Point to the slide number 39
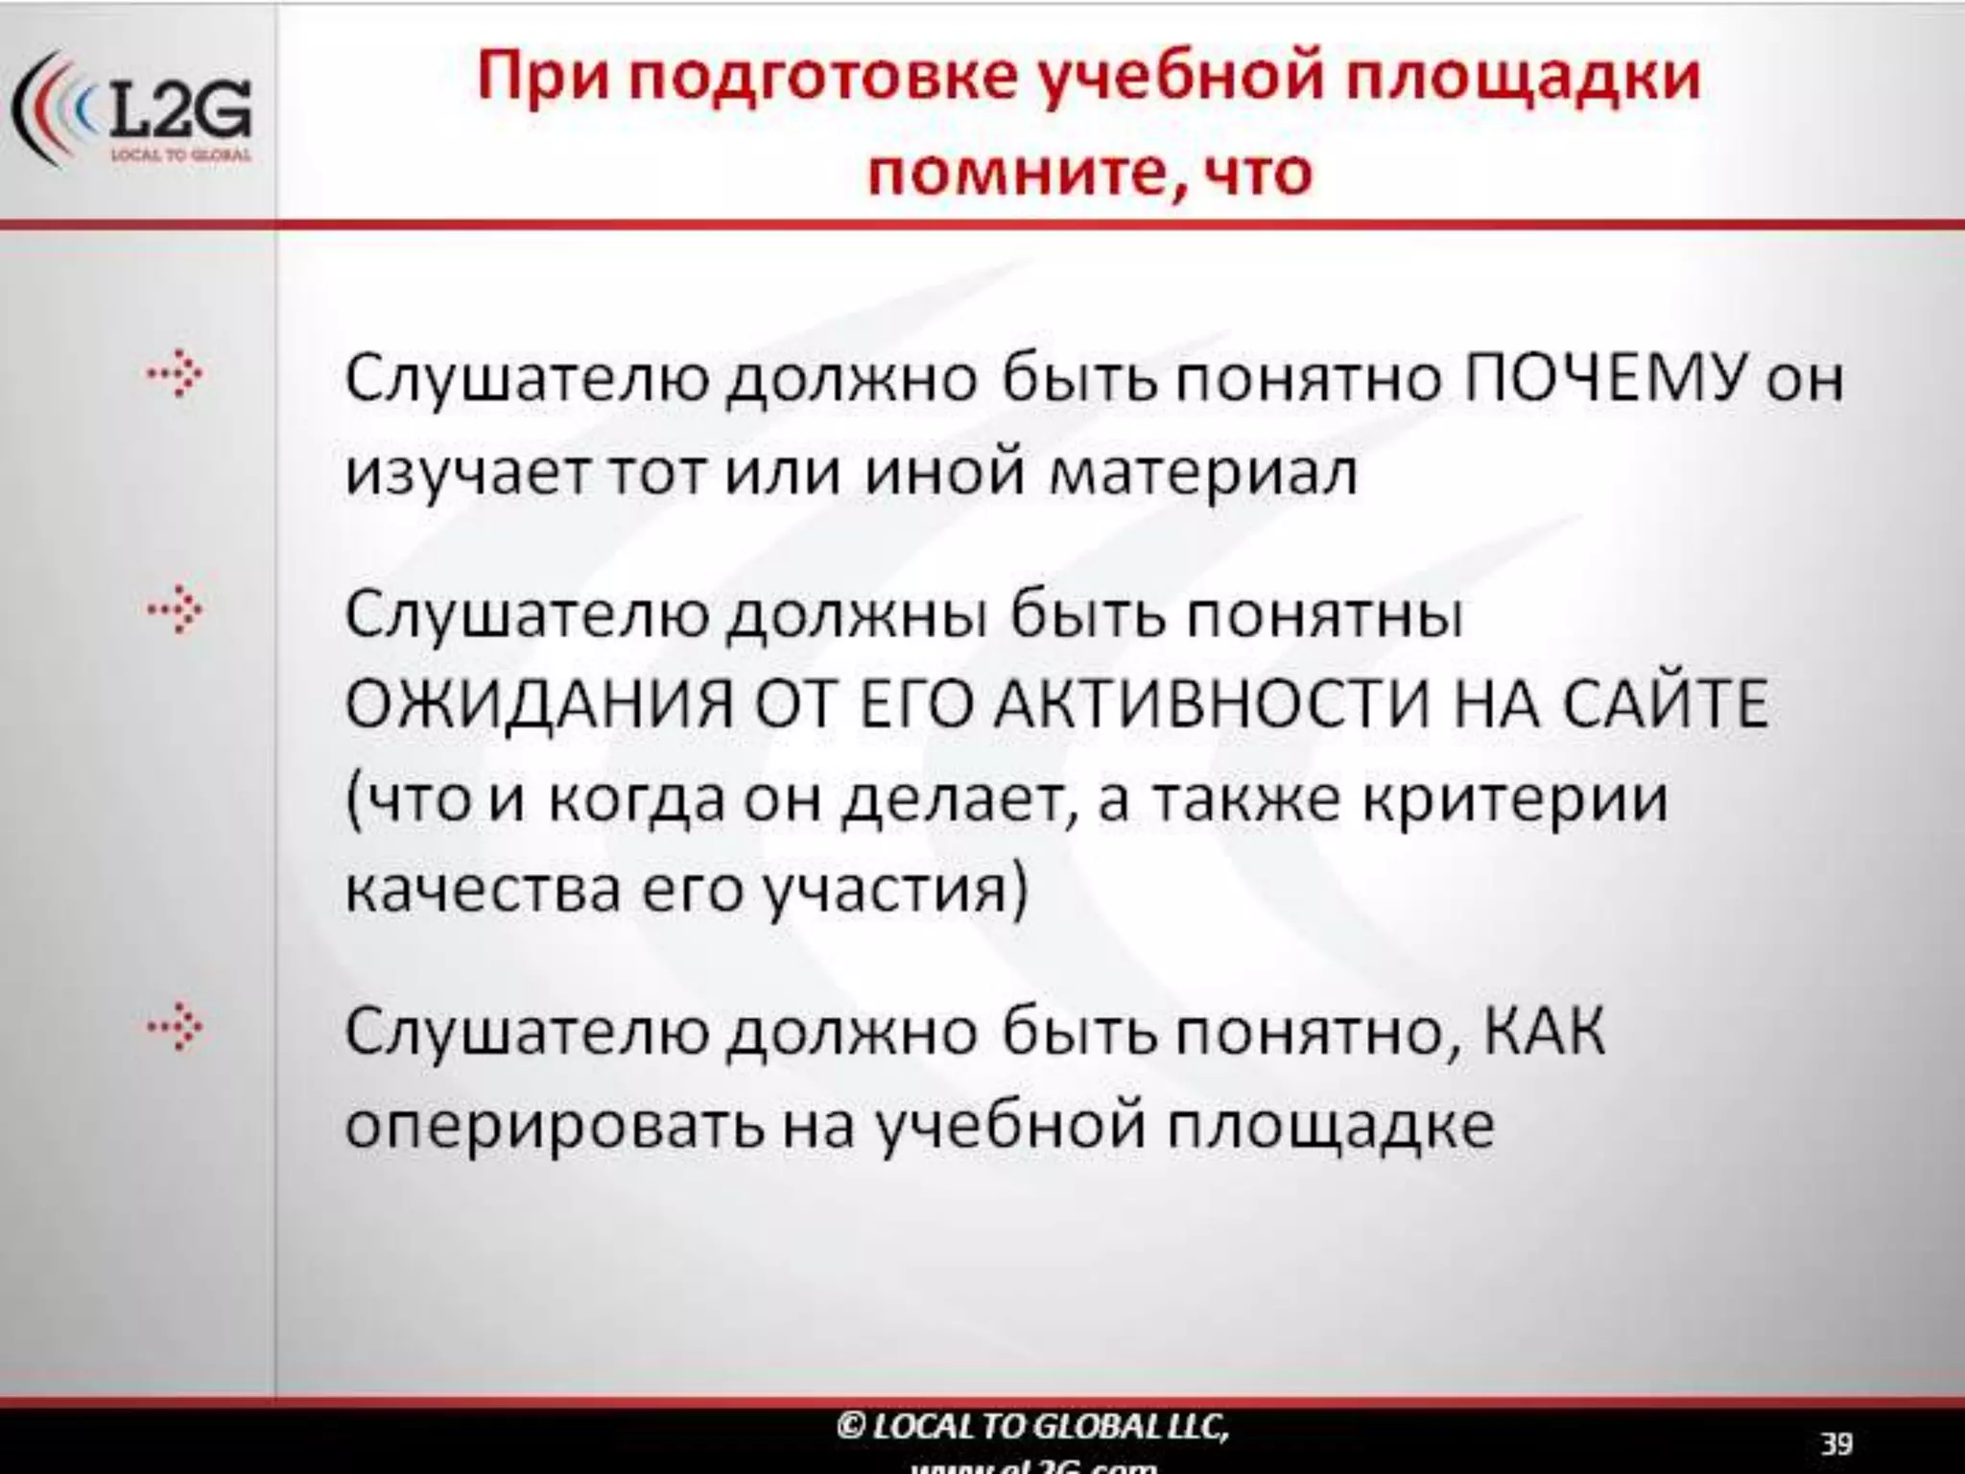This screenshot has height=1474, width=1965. coord(1836,1443)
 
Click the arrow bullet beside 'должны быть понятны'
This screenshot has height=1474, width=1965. coord(176,610)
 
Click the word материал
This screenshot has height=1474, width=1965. coord(1203,473)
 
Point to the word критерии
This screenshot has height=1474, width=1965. coord(1516,799)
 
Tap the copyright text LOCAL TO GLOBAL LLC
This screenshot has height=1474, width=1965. coord(1032,1427)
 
